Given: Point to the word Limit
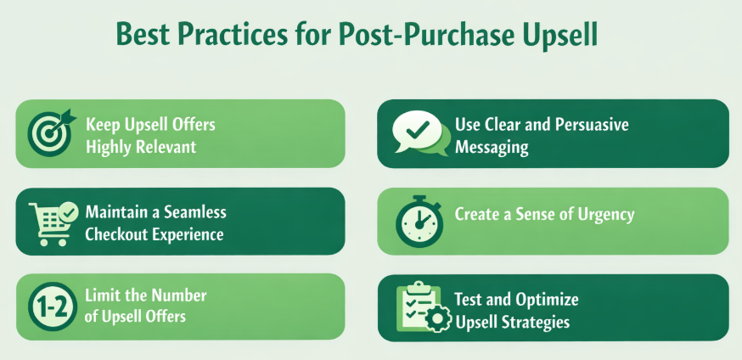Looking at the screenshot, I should click(105, 296).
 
